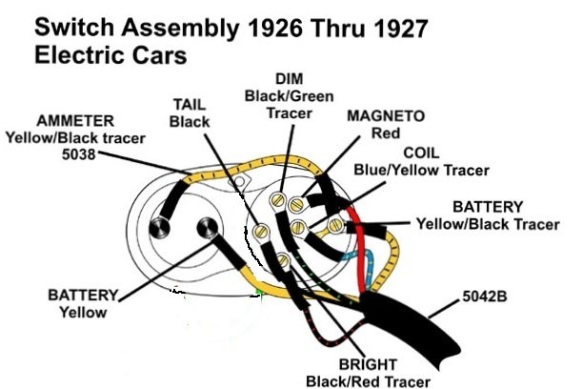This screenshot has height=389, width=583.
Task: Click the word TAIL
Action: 189,104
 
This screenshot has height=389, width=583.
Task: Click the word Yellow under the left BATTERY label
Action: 81,312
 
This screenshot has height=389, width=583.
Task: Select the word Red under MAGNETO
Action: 360,133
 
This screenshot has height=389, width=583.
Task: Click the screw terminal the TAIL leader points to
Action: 264,232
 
